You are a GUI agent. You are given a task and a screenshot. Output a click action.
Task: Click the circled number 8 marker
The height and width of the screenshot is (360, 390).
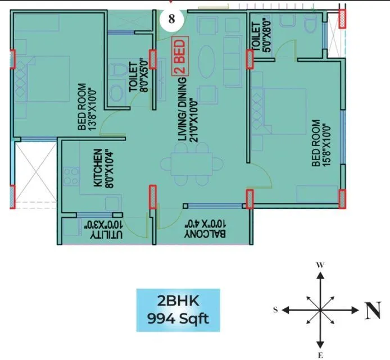tap(171, 18)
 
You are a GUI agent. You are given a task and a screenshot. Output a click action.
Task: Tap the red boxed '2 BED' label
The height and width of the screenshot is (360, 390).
tap(181, 57)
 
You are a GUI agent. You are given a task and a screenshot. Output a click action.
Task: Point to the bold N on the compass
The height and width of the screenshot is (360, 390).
tap(374, 310)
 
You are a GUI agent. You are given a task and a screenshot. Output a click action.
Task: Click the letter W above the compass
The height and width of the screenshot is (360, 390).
tap(319, 264)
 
